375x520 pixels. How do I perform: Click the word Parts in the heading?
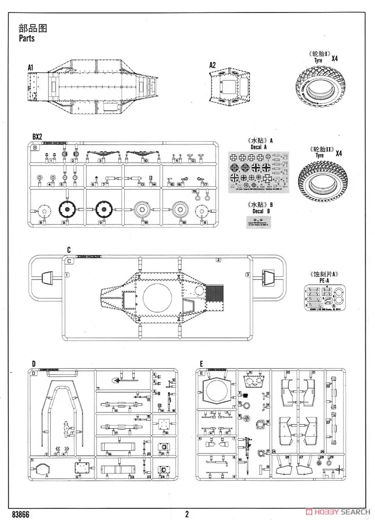point(26,38)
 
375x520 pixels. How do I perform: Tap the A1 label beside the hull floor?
point(30,68)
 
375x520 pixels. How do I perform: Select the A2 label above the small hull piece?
point(212,65)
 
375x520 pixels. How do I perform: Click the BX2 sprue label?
point(38,136)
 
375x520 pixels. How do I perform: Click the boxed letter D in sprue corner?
point(34,373)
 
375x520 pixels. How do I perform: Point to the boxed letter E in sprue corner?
point(201,373)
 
